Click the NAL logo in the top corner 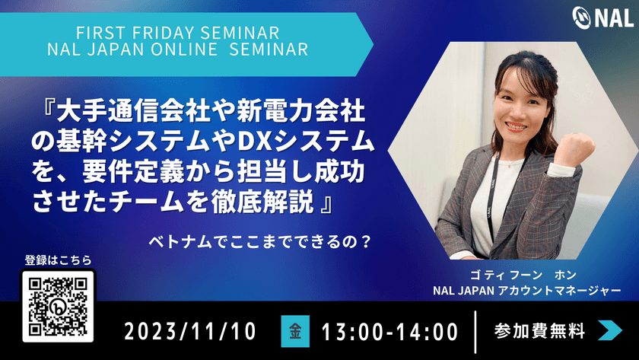point(602,18)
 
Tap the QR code point(58,305)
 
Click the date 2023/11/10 point(190,332)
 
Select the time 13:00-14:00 point(389,332)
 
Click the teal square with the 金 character point(295,331)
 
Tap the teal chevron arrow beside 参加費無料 point(610,330)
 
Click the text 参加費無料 point(539,330)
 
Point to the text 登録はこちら point(59,260)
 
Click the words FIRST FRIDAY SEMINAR point(178,33)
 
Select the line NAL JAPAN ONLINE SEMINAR point(178,49)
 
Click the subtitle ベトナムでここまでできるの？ point(259,242)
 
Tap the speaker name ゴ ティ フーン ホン point(523,276)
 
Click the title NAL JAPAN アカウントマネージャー point(527,291)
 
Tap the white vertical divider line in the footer point(475,332)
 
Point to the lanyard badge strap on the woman point(491,196)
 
